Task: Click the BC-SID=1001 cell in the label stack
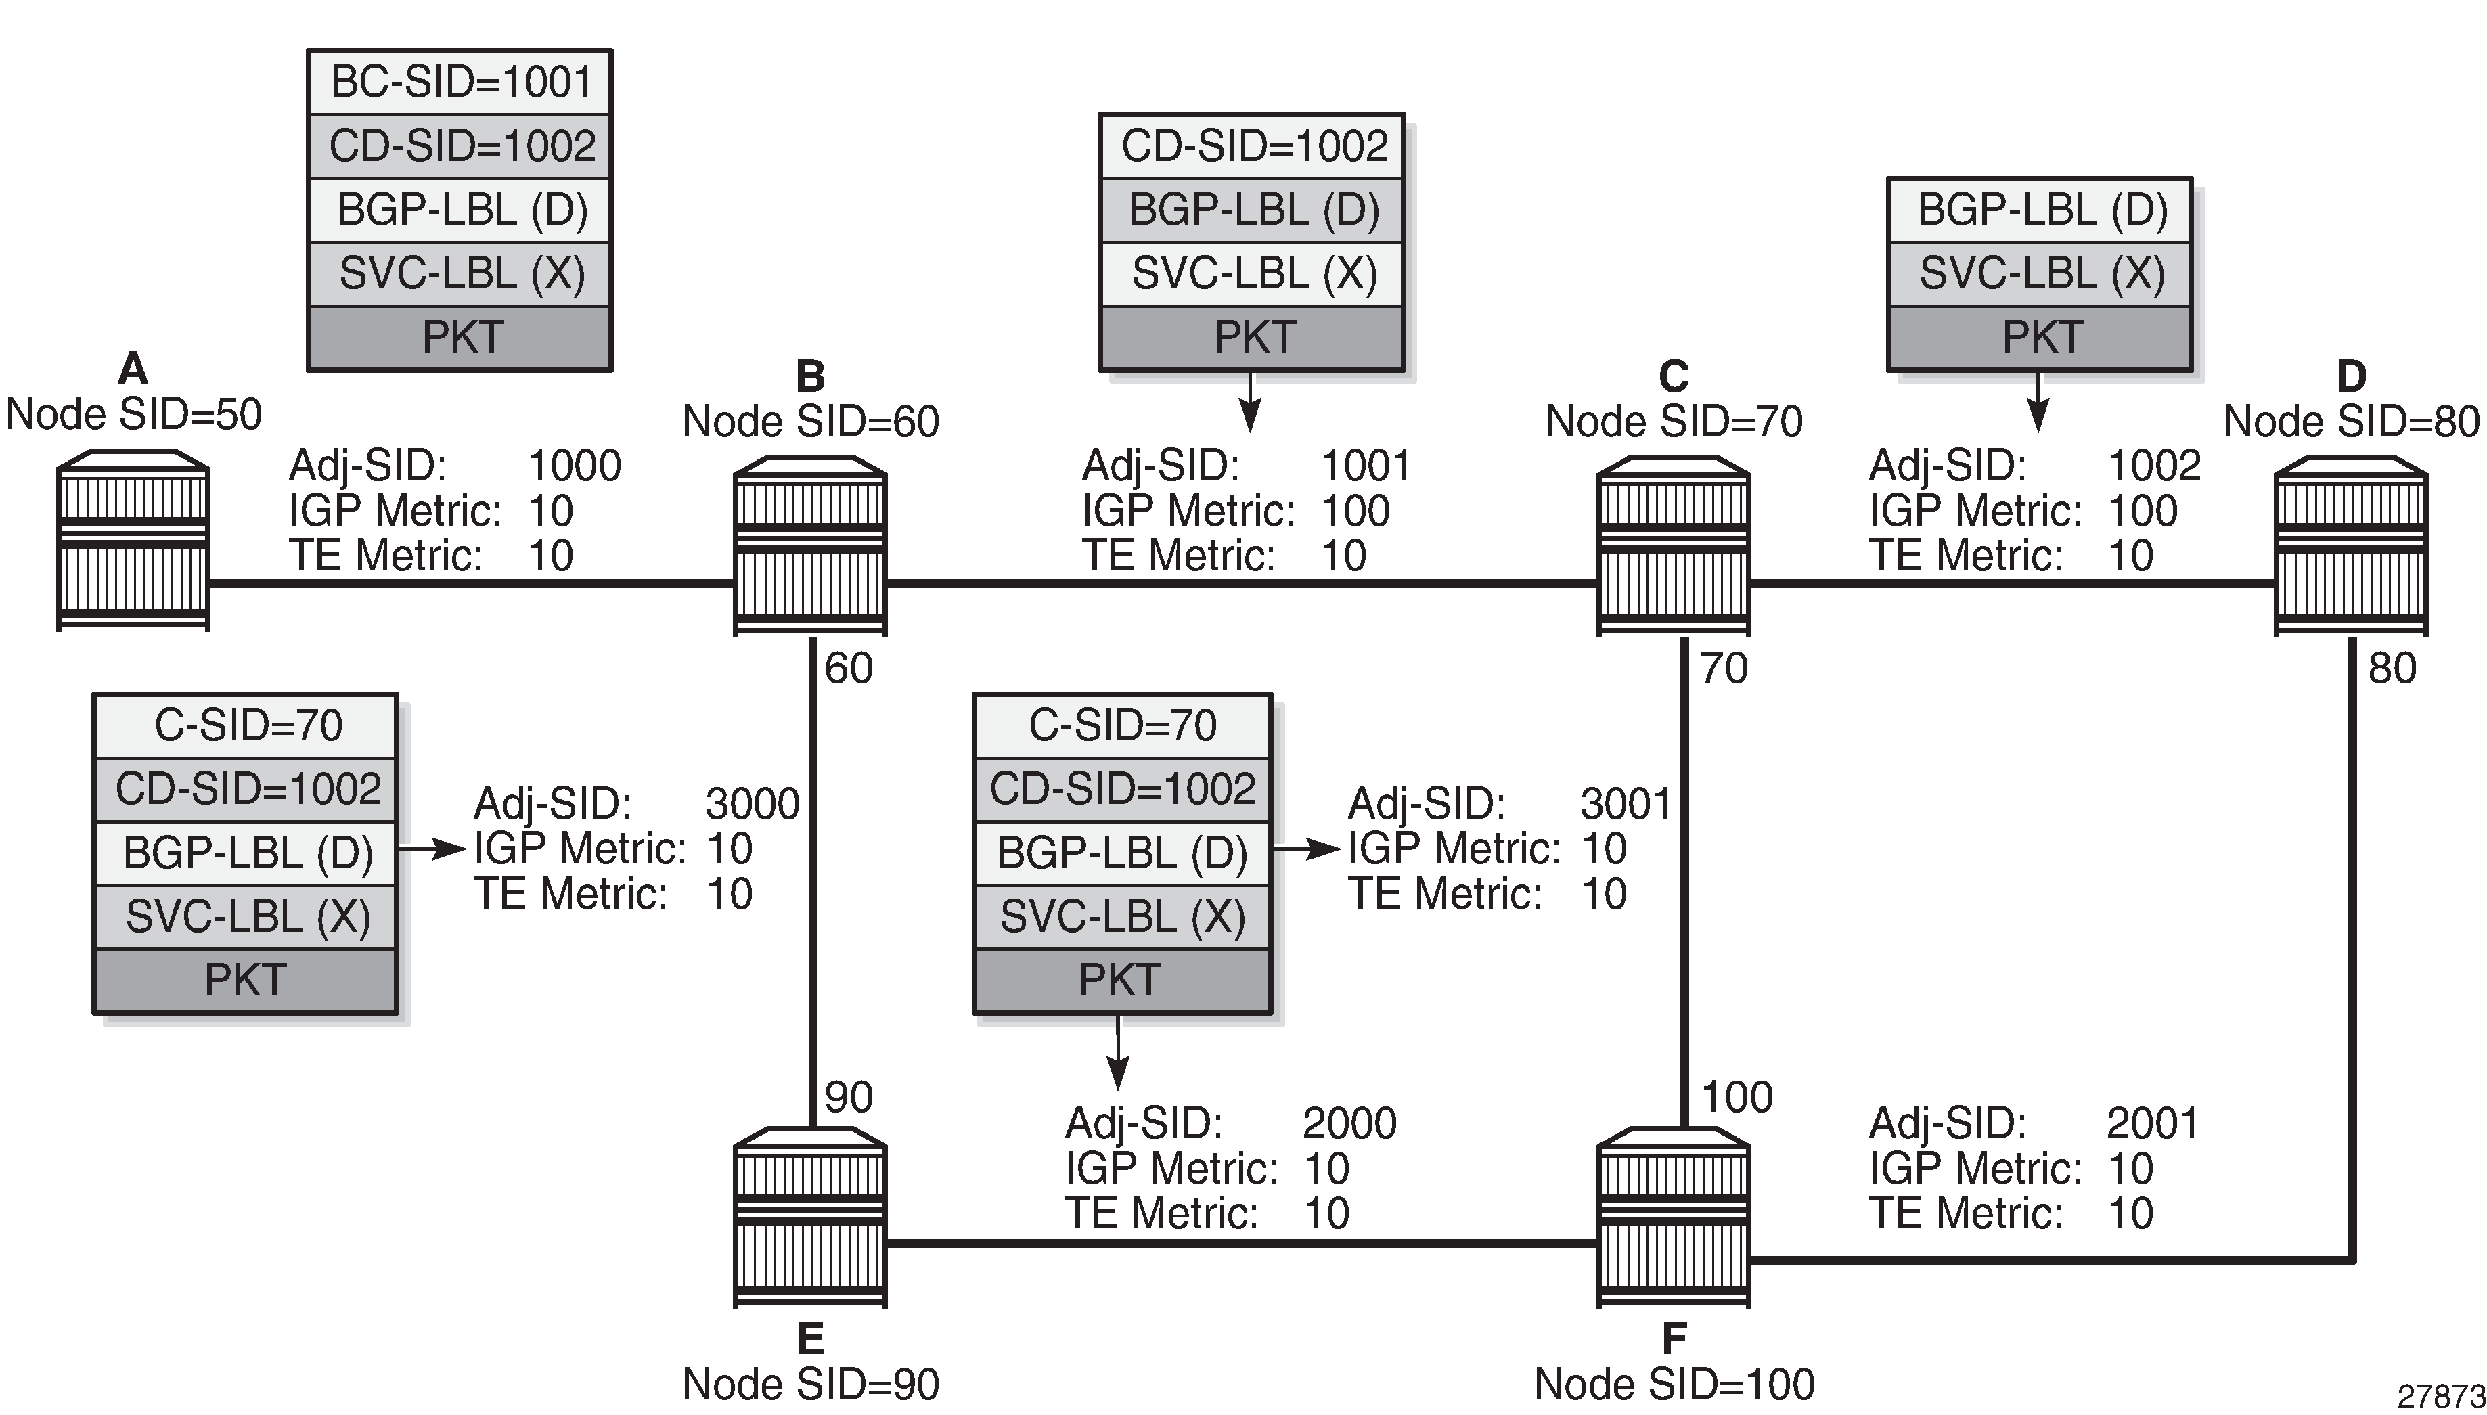(x=461, y=82)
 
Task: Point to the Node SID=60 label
(x=811, y=422)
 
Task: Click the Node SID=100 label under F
(x=1674, y=1384)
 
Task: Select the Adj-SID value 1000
(x=573, y=466)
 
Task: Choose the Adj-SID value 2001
(x=2152, y=1123)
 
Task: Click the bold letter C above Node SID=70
(x=1674, y=376)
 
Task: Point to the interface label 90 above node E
(x=849, y=1097)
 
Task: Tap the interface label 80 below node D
(x=2392, y=669)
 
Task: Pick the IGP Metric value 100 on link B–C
(x=1355, y=511)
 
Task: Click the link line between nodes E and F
(x=1241, y=1243)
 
